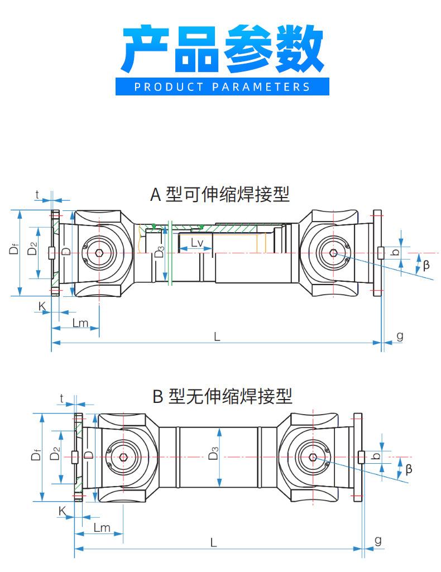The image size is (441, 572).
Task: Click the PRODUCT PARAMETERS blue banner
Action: point(222,86)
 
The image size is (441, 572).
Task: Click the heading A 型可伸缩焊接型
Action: point(220,195)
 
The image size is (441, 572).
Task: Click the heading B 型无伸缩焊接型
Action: point(222,397)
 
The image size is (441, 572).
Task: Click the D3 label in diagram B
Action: point(213,456)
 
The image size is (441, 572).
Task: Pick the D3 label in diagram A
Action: point(159,253)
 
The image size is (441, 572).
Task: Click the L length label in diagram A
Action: point(217,336)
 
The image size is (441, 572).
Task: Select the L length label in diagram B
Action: point(214,541)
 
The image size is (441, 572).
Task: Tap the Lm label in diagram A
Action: point(81,323)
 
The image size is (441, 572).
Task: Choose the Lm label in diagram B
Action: point(102,528)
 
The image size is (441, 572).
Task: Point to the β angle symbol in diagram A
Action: point(426,265)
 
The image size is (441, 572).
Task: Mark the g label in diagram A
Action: point(400,335)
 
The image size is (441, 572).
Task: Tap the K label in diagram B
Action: point(63,510)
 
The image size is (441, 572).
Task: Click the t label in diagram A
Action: point(37,195)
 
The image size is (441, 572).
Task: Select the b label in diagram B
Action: point(376,456)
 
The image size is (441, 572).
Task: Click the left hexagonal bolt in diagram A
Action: point(99,253)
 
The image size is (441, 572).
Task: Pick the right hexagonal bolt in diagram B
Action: point(314,458)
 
